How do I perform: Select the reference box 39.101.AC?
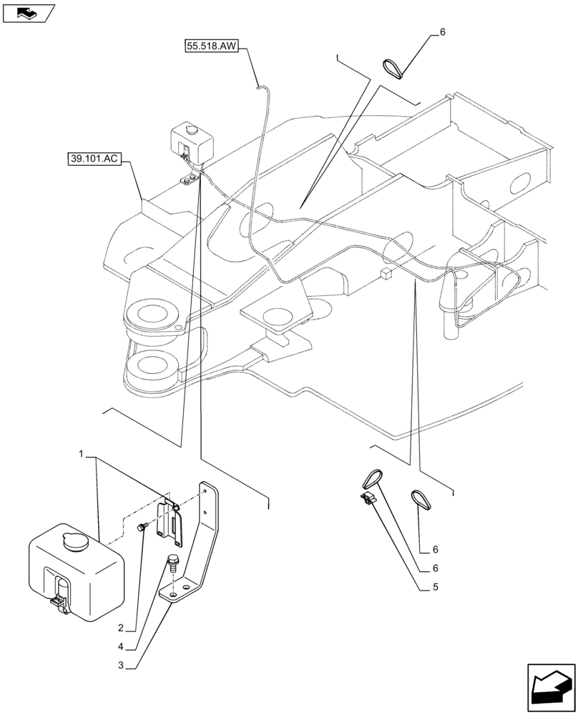point(94,157)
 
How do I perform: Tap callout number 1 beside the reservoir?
point(82,454)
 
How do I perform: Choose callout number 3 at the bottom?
point(122,665)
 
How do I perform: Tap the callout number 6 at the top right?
point(442,32)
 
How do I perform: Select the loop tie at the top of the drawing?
point(393,69)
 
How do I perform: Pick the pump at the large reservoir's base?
point(59,600)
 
